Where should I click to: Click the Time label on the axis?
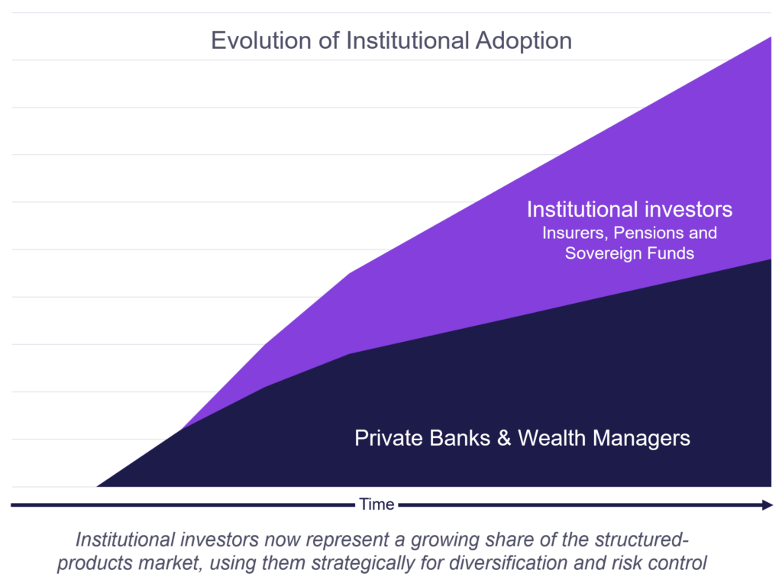(376, 504)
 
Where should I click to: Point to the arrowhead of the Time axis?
(767, 504)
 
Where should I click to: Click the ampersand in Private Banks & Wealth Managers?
(504, 438)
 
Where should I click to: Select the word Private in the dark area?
(389, 438)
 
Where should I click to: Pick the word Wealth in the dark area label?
(551, 438)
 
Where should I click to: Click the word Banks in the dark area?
(459, 438)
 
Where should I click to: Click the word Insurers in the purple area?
(575, 233)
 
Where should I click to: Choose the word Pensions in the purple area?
(648, 233)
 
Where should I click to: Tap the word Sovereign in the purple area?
(603, 253)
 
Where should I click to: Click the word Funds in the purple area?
(671, 253)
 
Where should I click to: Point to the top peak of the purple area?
(771, 37)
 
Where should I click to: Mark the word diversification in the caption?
(509, 562)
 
